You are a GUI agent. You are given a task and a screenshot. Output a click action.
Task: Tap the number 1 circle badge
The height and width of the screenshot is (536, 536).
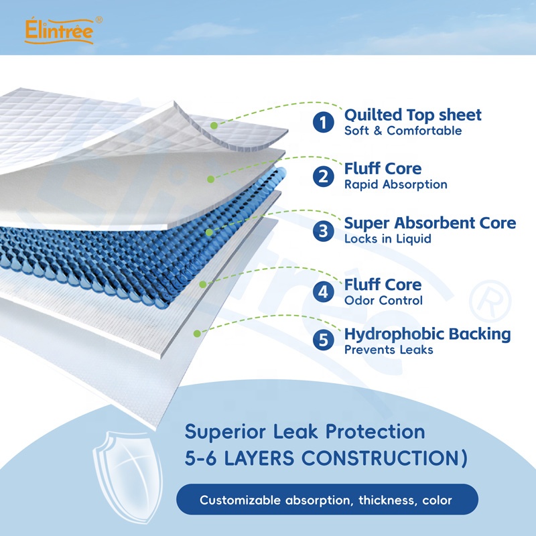(x=324, y=122)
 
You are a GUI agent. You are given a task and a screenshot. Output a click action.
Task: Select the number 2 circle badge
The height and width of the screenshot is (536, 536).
(x=324, y=176)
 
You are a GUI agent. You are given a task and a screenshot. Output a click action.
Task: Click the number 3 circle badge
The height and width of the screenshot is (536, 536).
(x=324, y=230)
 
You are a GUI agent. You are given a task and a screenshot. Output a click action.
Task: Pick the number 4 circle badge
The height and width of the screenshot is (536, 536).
(x=324, y=292)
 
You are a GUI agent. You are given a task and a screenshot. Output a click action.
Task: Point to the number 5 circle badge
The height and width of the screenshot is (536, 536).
(x=324, y=340)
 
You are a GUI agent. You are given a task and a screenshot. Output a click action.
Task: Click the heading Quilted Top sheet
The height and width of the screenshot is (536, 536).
(x=413, y=115)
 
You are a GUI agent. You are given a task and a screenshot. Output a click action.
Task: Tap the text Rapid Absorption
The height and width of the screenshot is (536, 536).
(x=395, y=184)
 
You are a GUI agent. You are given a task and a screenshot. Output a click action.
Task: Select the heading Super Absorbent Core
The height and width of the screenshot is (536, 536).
(x=430, y=222)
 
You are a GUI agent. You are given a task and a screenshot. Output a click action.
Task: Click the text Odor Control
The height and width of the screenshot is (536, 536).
(x=383, y=301)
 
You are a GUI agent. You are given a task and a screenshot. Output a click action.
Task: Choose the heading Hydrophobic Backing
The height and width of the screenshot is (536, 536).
(x=427, y=334)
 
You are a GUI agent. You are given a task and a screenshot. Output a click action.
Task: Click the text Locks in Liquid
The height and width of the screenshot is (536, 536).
(x=387, y=239)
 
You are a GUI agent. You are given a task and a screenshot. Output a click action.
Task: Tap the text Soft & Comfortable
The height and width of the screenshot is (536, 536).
(x=403, y=131)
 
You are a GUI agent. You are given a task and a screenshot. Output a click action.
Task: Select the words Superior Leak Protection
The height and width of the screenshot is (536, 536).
(x=305, y=431)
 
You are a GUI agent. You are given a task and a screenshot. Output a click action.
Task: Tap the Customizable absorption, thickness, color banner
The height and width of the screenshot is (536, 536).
(x=326, y=500)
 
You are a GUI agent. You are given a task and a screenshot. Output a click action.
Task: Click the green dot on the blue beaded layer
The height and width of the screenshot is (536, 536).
(x=209, y=232)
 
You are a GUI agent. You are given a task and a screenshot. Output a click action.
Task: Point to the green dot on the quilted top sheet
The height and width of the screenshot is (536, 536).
(x=214, y=124)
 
